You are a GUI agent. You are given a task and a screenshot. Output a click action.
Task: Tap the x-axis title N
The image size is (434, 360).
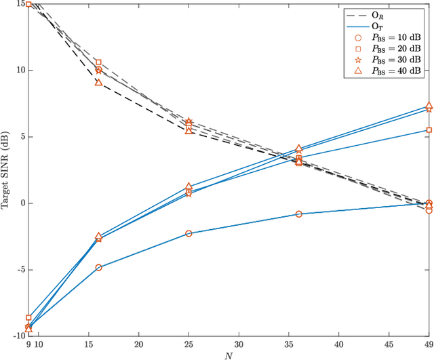229,355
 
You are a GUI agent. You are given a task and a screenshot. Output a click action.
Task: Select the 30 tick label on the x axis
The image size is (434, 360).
239,344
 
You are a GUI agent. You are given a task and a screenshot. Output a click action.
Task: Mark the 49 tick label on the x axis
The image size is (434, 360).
429,344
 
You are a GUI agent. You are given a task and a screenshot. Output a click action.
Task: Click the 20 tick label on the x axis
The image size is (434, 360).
138,344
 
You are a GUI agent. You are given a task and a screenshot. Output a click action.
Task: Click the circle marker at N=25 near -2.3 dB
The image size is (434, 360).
189,233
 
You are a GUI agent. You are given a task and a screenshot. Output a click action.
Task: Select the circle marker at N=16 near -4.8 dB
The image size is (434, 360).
98,267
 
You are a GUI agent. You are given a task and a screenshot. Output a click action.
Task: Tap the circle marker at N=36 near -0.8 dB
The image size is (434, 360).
299,214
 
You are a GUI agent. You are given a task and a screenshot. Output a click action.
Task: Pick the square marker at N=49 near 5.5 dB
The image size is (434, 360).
429,130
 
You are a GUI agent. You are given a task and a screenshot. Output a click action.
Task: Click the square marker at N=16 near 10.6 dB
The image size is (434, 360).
98,62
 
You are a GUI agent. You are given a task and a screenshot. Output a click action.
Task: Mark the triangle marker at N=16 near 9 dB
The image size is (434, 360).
98,83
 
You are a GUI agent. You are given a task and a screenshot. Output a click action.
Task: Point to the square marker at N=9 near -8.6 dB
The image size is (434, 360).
28,317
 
